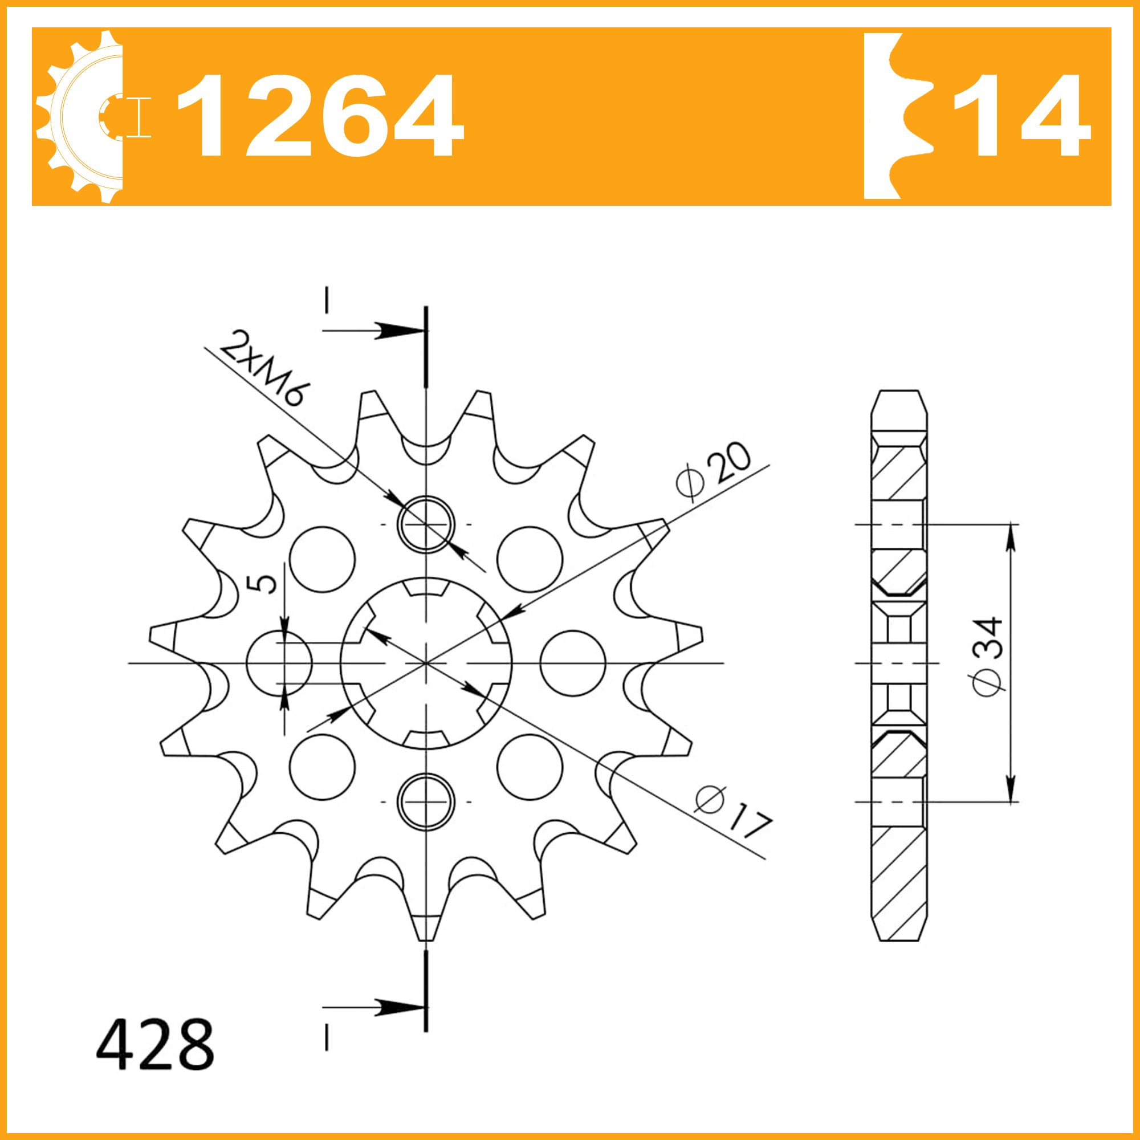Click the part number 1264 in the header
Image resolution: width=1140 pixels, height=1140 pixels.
pyautogui.click(x=319, y=116)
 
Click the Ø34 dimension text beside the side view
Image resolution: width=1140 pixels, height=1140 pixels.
pyautogui.click(x=987, y=655)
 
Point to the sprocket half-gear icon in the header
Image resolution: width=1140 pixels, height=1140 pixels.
pyautogui.click(x=83, y=116)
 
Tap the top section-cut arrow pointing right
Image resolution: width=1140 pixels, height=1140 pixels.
pyautogui.click(x=389, y=331)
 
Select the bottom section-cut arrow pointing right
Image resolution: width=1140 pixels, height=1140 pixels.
pyautogui.click(x=389, y=1008)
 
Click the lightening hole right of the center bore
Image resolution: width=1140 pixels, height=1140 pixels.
pyautogui.click(x=572, y=663)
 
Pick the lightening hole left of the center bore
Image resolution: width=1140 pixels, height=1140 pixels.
pyautogui.click(x=279, y=663)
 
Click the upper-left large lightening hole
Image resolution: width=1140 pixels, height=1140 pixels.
pyautogui.click(x=322, y=559)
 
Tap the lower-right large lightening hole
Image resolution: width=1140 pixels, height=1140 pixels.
pyautogui.click(x=530, y=767)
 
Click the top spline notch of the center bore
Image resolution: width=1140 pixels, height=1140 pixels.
pyautogui.click(x=426, y=588)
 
